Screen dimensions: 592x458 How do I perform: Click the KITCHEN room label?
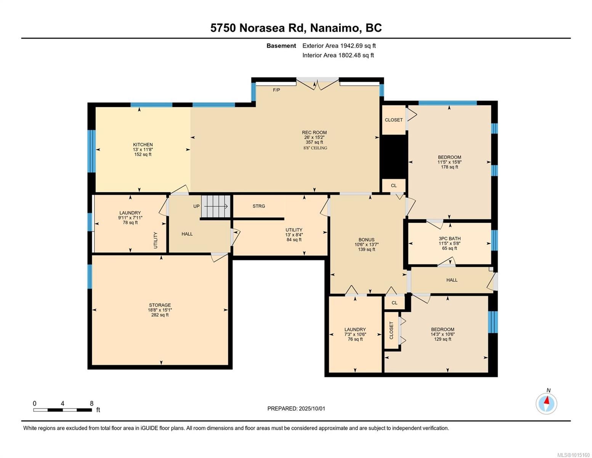click(x=143, y=145)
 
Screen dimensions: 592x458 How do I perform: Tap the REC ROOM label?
click(x=314, y=132)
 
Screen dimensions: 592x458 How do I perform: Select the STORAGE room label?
click(x=160, y=305)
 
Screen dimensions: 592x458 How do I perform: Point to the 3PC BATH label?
click(x=449, y=239)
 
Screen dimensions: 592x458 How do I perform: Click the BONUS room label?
click(x=366, y=240)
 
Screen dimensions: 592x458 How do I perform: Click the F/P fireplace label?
click(x=276, y=90)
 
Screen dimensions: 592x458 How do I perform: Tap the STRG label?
click(x=259, y=206)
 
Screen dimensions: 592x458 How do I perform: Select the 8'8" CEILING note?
click(x=315, y=148)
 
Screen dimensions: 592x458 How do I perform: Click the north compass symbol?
click(x=546, y=403)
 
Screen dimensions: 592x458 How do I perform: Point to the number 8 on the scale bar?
click(x=92, y=403)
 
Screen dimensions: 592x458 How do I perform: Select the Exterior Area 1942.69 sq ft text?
click(x=339, y=46)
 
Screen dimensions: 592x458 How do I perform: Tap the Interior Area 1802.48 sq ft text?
click(x=338, y=55)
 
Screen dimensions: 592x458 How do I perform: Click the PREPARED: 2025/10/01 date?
click(x=296, y=409)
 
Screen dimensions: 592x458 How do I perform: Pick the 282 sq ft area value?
click(x=160, y=315)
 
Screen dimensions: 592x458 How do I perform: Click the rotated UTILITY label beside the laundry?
click(x=155, y=240)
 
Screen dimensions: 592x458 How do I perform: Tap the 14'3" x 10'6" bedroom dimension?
click(x=443, y=334)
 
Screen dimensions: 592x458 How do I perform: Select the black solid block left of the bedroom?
click(x=393, y=156)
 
